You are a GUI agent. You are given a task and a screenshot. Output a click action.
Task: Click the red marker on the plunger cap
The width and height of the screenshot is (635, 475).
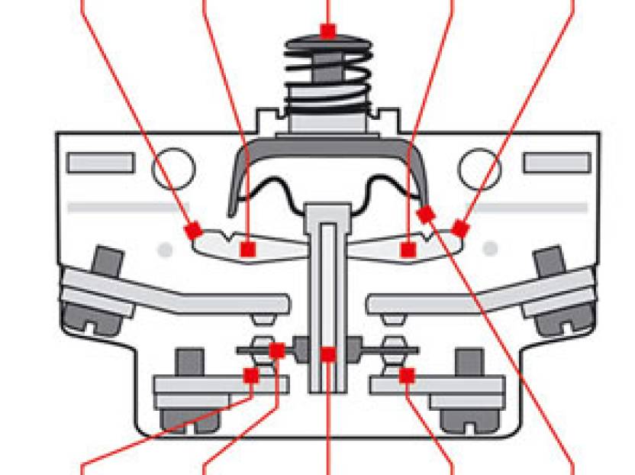coord(328,31)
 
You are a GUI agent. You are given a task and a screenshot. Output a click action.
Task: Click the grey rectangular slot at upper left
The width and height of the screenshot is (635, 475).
coord(101,163)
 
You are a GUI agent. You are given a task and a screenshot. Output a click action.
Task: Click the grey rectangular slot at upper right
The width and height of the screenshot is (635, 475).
coord(556,163)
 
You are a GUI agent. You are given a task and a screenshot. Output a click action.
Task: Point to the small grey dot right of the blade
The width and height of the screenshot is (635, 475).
coord(491,249)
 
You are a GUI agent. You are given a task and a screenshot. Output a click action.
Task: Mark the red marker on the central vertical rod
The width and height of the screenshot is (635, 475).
coord(328,354)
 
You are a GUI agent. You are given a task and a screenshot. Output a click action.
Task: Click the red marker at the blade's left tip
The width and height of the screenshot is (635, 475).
coord(194,228)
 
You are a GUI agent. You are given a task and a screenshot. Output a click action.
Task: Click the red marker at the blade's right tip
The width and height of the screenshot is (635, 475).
coord(459,228)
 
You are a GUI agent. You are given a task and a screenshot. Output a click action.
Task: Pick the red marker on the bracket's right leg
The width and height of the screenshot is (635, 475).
coord(425,213)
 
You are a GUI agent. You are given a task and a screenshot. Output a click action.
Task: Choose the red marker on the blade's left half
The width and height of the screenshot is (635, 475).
coord(247,249)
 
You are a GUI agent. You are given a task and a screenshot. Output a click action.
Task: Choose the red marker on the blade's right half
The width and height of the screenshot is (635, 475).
coord(408,249)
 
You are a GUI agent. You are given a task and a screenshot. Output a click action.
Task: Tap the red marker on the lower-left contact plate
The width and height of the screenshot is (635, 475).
coord(250,375)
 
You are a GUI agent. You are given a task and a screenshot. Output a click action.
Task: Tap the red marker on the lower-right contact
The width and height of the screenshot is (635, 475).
coord(407,375)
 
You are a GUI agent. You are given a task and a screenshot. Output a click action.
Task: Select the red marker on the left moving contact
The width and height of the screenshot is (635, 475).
coord(277,351)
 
